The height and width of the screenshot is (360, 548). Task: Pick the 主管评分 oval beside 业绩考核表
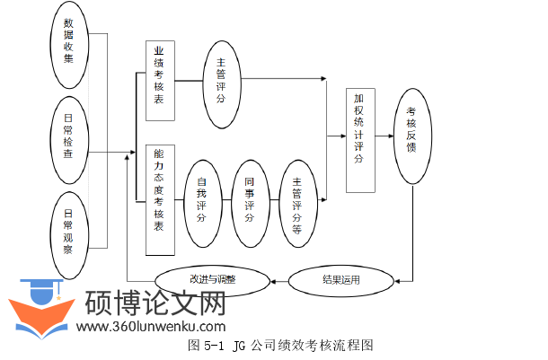220,79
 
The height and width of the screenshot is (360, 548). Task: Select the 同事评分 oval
250,199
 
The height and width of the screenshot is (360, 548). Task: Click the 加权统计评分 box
359,139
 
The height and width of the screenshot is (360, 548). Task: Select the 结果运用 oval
341,280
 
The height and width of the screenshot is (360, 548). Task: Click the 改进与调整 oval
212,279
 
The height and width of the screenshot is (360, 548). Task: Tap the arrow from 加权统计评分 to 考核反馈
384,136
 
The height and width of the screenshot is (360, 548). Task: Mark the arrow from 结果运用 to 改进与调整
279,280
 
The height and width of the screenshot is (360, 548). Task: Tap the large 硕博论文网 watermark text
155,305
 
